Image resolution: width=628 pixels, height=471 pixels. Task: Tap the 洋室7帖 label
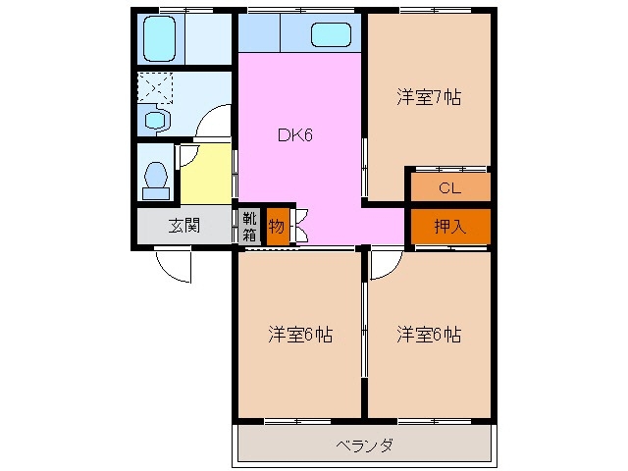pyautogui.click(x=429, y=97)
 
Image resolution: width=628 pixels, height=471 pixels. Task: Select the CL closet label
pyautogui.click(x=449, y=186)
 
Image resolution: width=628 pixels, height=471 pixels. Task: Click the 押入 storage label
pyautogui.click(x=449, y=226)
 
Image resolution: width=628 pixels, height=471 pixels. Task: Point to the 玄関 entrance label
pyautogui.click(x=183, y=226)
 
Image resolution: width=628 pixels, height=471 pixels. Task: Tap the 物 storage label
pyautogui.click(x=277, y=227)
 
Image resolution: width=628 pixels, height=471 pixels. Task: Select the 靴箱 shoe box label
pyautogui.click(x=250, y=227)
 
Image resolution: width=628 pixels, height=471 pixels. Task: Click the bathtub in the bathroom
pyautogui.click(x=157, y=38)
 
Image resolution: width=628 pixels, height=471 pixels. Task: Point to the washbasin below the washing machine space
pyautogui.click(x=156, y=121)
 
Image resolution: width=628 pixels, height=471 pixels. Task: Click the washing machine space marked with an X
pyautogui.click(x=155, y=88)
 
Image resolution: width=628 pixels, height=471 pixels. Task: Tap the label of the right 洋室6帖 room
pyautogui.click(x=429, y=335)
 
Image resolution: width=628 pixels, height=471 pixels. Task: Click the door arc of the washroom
pyautogui.click(x=213, y=125)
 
